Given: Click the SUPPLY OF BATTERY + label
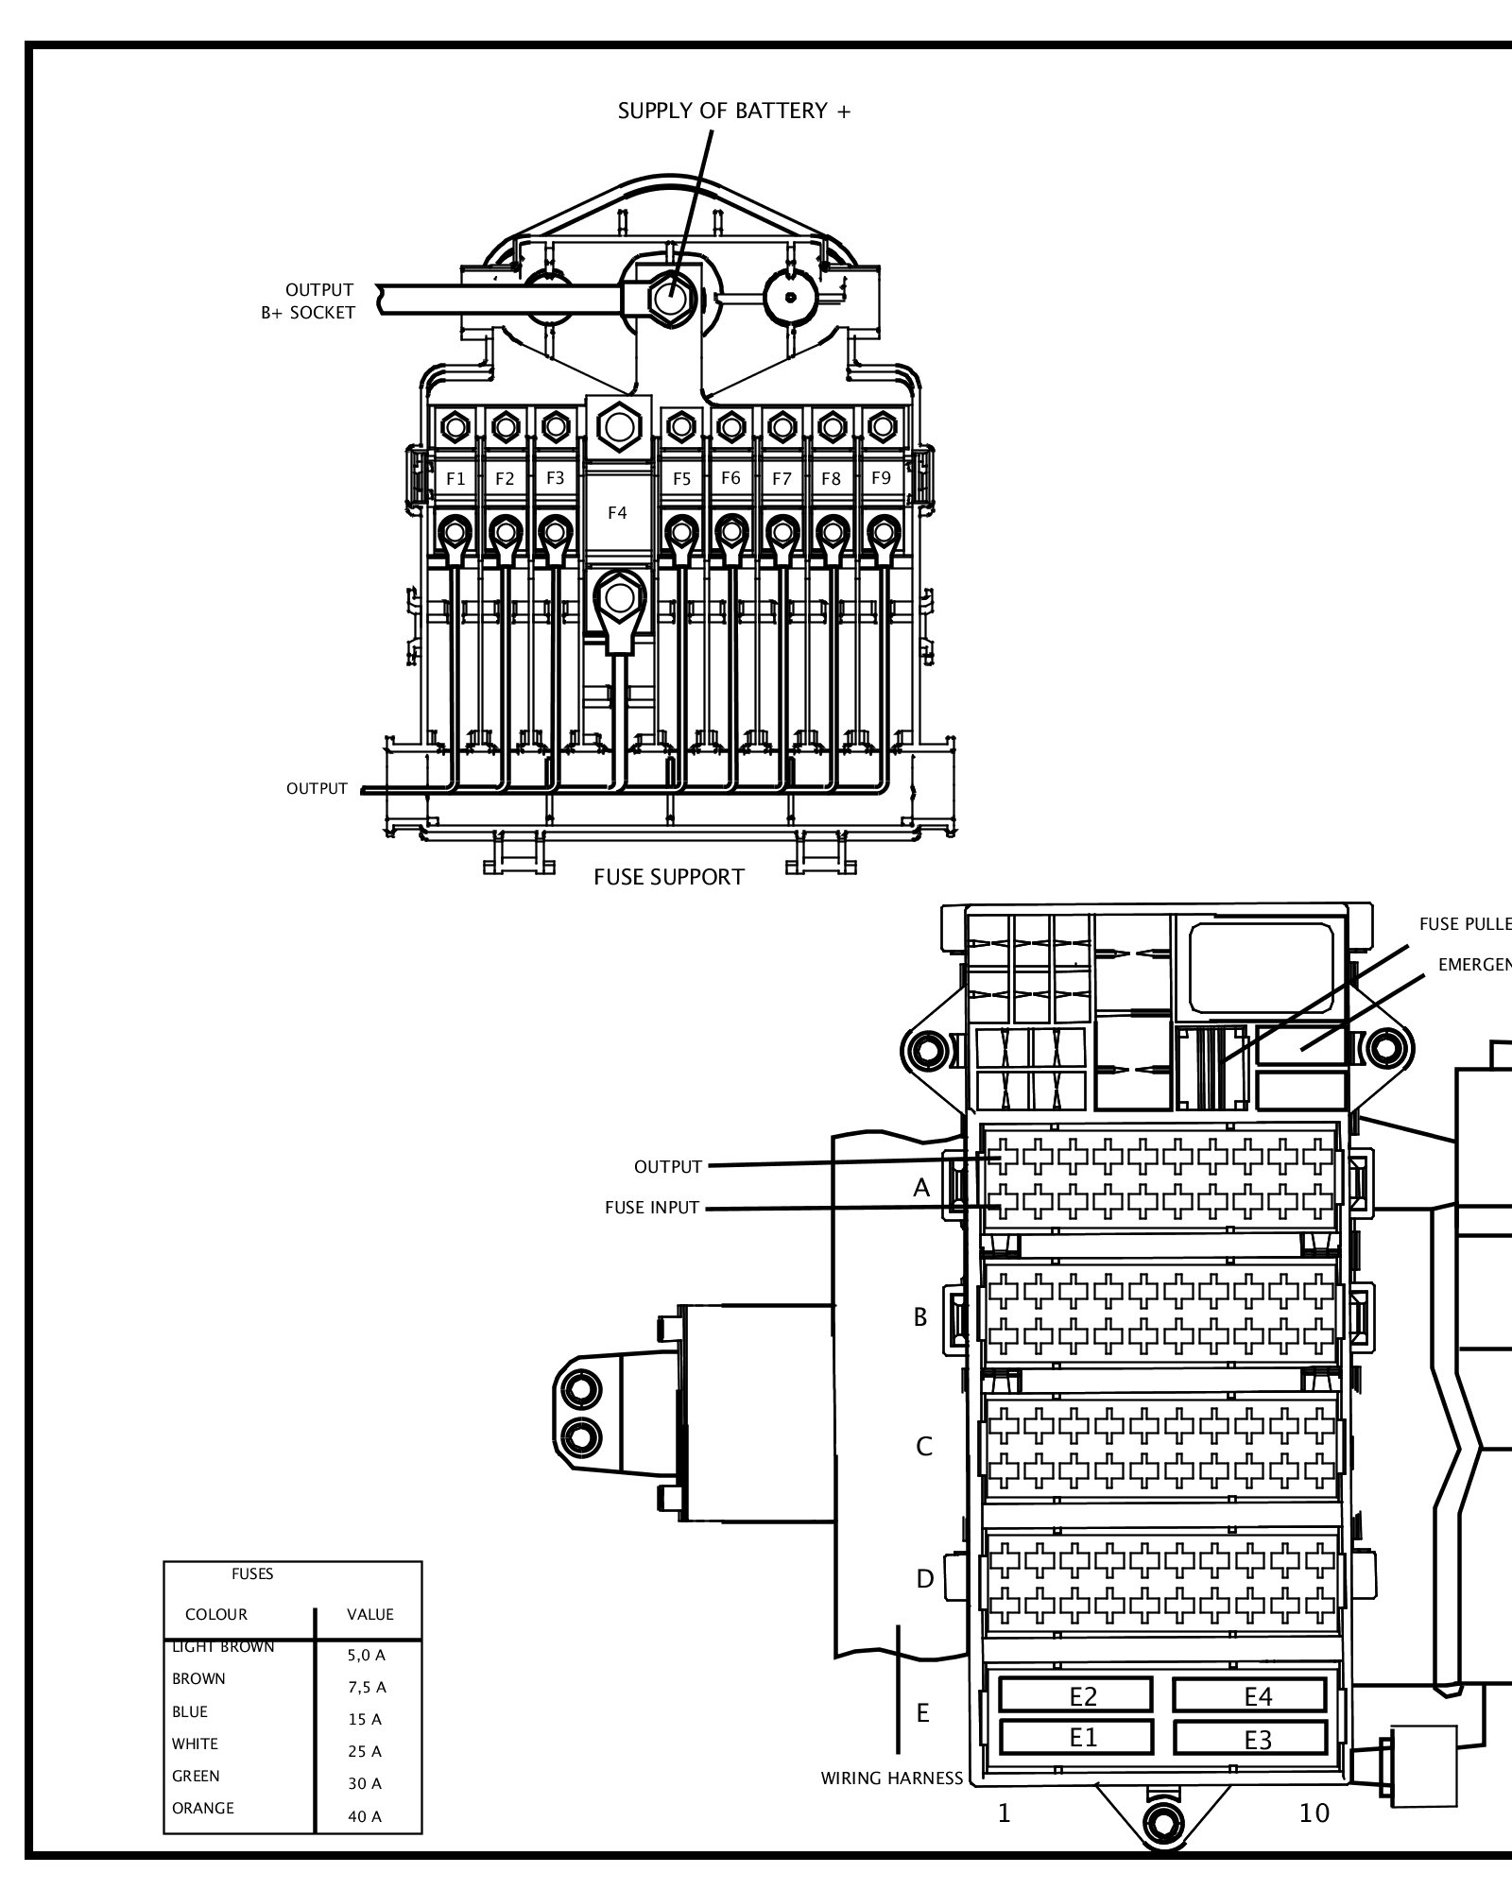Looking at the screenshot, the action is pyautogui.click(x=734, y=112).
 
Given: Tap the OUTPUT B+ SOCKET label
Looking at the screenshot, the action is pyautogui.click(x=309, y=301).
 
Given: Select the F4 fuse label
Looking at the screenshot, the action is pyautogui.click(x=617, y=513).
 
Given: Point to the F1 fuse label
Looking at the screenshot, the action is pyautogui.click(x=455, y=479).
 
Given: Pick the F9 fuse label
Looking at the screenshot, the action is pyautogui.click(x=881, y=478).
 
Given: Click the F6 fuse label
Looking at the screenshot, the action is pyautogui.click(x=730, y=478).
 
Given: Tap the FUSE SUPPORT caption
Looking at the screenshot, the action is pyautogui.click(x=669, y=877).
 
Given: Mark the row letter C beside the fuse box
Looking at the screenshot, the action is pyautogui.click(x=924, y=1447).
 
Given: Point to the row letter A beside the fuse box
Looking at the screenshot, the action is pyautogui.click(x=921, y=1189).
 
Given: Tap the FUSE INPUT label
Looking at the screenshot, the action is pyautogui.click(x=652, y=1208).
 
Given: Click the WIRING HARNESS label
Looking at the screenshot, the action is pyautogui.click(x=891, y=1778).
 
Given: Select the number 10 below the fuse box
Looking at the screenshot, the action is pyautogui.click(x=1314, y=1813).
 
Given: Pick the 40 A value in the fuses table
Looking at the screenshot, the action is pyautogui.click(x=365, y=1816).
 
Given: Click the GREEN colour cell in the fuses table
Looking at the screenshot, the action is pyautogui.click(x=196, y=1776).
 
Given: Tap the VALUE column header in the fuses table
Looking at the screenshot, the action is pyautogui.click(x=369, y=1614).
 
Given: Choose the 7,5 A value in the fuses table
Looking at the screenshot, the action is pyautogui.click(x=367, y=1687).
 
